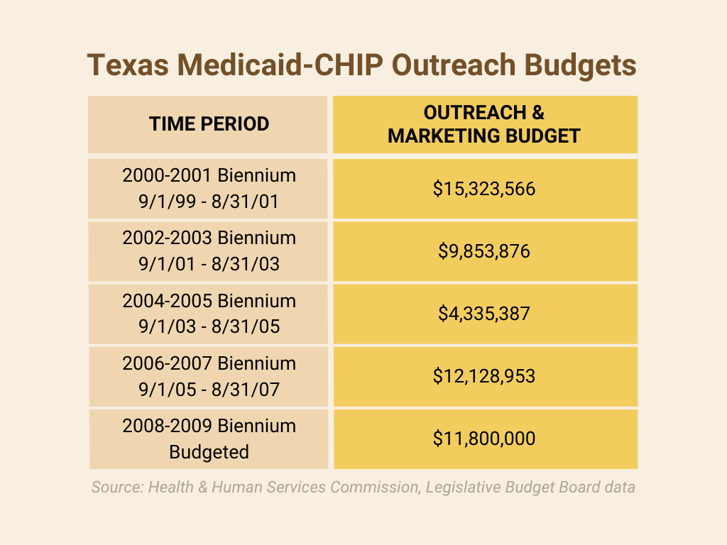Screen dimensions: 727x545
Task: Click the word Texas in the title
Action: click(128, 65)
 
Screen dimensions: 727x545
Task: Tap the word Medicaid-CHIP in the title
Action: click(280, 65)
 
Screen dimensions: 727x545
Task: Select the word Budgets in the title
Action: click(581, 65)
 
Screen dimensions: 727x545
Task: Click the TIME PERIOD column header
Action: click(209, 123)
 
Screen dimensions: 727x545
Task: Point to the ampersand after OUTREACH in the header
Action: click(538, 113)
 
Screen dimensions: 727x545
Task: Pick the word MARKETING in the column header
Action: click(443, 136)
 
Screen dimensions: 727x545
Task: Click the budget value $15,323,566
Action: click(484, 189)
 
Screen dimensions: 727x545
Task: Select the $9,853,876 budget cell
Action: click(484, 251)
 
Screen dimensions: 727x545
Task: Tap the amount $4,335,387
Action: click(484, 314)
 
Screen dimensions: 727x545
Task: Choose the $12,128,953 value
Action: click(484, 376)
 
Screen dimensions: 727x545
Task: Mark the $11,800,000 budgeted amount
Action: click(484, 439)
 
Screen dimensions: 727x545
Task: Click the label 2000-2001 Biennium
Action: click(209, 176)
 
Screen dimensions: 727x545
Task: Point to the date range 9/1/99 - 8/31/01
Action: click(209, 202)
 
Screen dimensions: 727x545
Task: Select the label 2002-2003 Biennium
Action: click(209, 238)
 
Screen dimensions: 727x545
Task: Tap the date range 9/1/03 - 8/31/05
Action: click(209, 326)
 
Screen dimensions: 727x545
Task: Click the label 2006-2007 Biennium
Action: click(209, 363)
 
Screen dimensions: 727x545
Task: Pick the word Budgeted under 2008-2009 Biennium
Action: click(209, 452)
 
